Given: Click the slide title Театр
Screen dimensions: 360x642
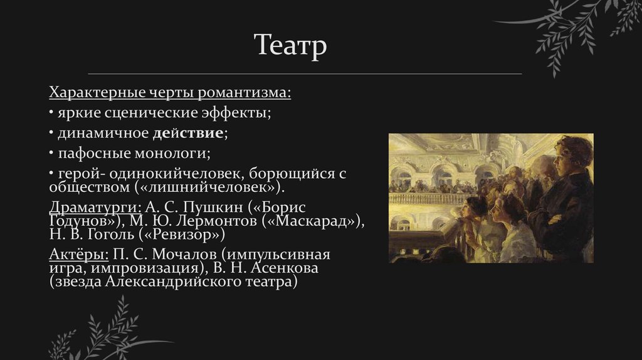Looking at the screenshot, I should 290,46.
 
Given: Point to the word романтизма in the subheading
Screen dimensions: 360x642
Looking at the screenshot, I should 245,93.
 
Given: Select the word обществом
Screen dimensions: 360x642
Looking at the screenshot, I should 88,188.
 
